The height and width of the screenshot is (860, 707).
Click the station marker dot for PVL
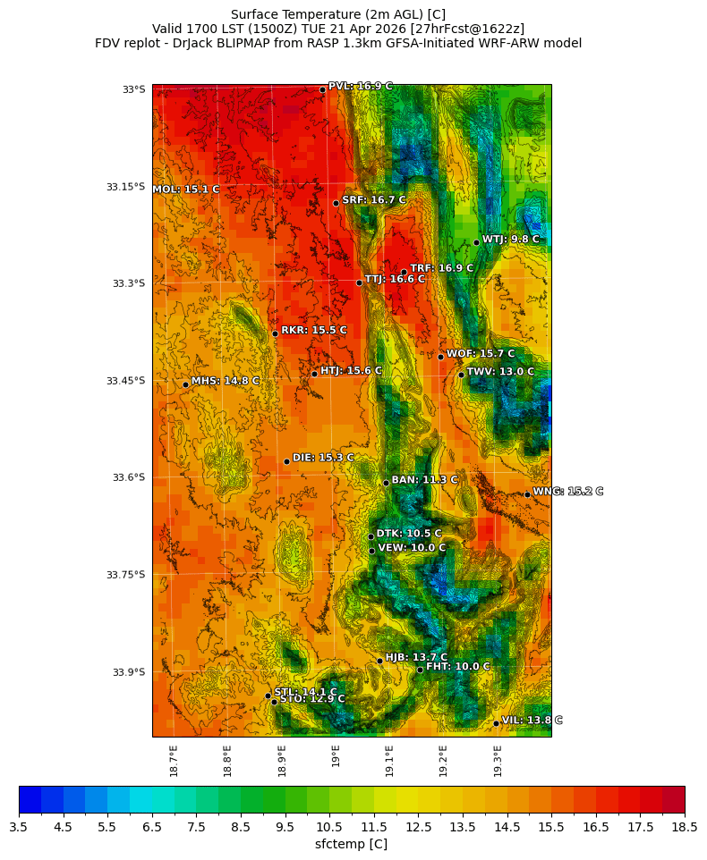322,89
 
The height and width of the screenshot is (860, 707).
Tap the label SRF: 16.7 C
374,200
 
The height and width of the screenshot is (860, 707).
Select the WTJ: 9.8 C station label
510,240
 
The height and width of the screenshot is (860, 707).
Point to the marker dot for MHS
185,384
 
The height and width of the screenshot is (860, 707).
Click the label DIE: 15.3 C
323,458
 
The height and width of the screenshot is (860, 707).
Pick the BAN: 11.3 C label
424,480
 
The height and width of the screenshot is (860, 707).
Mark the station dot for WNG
527,494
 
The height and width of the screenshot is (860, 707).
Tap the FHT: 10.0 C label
457,667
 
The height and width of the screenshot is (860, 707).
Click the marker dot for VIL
496,723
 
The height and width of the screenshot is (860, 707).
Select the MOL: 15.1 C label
186,190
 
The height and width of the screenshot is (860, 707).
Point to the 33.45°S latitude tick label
125,381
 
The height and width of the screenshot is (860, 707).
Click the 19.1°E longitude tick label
389,761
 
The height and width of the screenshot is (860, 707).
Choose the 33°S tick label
133,89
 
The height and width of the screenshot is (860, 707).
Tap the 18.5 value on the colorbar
685,828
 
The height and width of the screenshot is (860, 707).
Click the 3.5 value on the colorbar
19,828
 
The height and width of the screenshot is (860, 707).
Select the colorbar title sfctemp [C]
351,844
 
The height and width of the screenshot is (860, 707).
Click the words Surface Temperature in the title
284,14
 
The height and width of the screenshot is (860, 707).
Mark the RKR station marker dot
275,333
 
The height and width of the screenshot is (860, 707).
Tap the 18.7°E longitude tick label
174,761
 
